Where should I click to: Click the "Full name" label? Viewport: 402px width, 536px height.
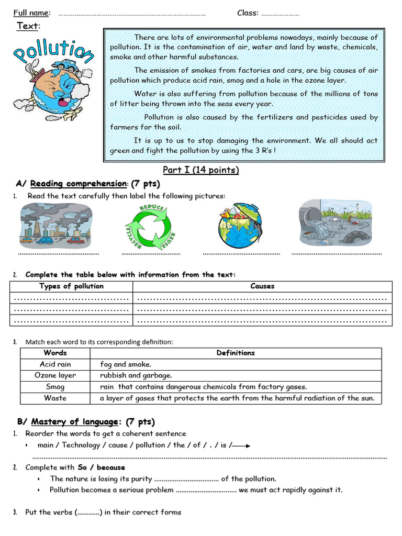[31, 13]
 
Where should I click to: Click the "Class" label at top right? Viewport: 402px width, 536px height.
[247, 13]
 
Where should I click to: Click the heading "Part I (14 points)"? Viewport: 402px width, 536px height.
[200, 170]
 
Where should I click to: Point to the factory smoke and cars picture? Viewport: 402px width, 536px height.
[55, 226]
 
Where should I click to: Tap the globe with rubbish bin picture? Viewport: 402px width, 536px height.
[240, 226]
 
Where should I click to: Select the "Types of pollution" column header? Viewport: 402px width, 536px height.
[71, 286]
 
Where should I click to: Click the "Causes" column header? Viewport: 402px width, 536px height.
[262, 286]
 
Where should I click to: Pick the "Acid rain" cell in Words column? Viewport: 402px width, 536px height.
[55, 364]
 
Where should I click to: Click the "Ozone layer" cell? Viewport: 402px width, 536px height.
[55, 375]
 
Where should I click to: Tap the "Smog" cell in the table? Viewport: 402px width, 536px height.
[55, 387]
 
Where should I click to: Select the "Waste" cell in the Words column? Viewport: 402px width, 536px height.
[55, 398]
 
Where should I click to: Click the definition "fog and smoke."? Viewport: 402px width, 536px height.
[126, 364]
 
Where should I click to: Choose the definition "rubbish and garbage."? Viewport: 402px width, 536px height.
[136, 375]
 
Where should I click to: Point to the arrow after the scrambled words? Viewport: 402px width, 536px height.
[241, 446]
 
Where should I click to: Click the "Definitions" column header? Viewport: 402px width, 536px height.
[236, 353]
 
